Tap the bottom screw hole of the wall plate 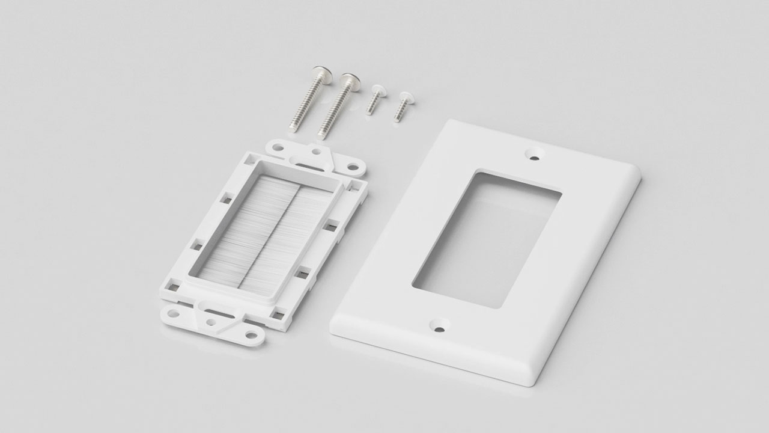coord(440,328)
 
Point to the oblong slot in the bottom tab coord(213,309)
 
